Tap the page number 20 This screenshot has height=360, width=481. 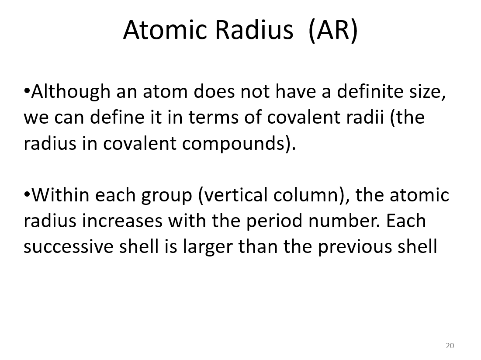coord(450,346)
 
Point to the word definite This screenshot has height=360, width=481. coord(369,92)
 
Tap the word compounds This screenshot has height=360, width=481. coord(236,144)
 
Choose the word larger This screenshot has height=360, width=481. coord(208,247)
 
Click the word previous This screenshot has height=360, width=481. coord(352,247)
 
